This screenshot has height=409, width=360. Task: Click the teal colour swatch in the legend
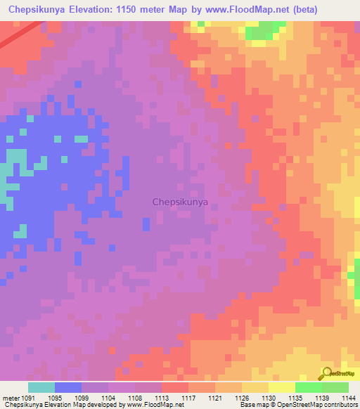(x=41, y=387)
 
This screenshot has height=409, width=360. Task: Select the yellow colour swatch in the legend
(x=282, y=387)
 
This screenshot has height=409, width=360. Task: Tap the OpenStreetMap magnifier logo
(x=327, y=373)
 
